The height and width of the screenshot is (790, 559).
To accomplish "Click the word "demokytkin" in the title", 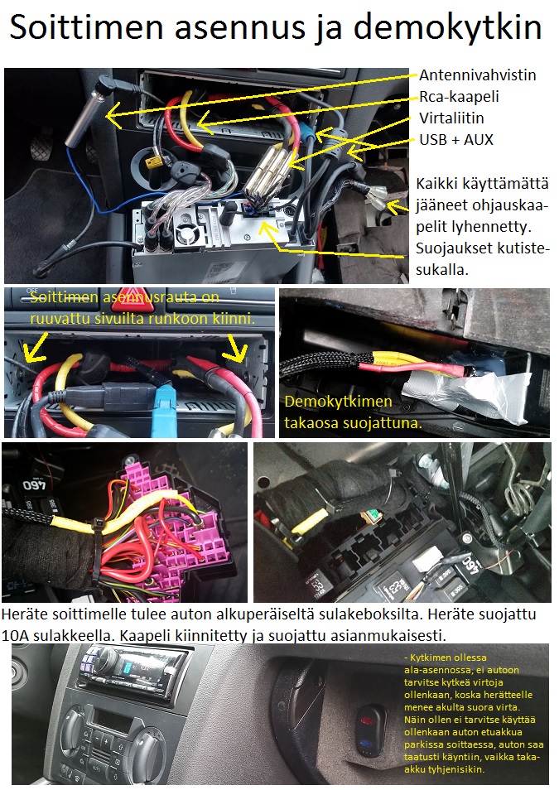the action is coord(446,27).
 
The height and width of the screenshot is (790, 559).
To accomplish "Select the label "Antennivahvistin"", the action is coord(477,75).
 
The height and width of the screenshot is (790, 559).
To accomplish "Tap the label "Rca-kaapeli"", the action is coord(459,97).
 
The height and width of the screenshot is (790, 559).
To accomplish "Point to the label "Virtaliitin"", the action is coord(451,118).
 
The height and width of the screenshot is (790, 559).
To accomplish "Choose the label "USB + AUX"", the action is coord(455,140).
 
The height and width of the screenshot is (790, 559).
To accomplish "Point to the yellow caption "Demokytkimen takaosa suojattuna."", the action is coord(353,412).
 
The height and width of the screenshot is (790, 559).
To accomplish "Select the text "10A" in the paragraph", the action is coord(15,635).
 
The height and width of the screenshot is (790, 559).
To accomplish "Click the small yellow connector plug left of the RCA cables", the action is coord(152,161).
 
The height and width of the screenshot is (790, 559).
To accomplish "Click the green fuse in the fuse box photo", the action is coord(372,515).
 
